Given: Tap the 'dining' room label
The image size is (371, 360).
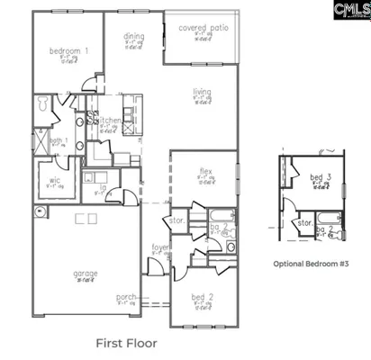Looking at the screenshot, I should pyautogui.click(x=134, y=37).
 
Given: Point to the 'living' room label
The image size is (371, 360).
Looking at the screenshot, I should pyautogui.click(x=202, y=92).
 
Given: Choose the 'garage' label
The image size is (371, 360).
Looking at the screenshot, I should pyautogui.click(x=86, y=273).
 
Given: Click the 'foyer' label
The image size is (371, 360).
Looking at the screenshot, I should pyautogui.click(x=160, y=246).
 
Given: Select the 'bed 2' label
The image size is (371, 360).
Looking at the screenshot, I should pyautogui.click(x=202, y=297).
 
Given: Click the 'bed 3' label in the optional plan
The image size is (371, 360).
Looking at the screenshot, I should pyautogui.click(x=317, y=178).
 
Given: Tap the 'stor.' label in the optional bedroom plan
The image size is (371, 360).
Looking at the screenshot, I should pyautogui.click(x=304, y=221).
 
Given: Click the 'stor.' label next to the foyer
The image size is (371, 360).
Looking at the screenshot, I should pyautogui.click(x=176, y=219).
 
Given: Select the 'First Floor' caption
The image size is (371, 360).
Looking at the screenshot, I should pyautogui.click(x=126, y=343).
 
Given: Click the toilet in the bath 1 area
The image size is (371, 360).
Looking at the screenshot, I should pyautogui.click(x=41, y=105).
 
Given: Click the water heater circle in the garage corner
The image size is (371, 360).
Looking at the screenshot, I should pyautogui.click(x=39, y=212).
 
